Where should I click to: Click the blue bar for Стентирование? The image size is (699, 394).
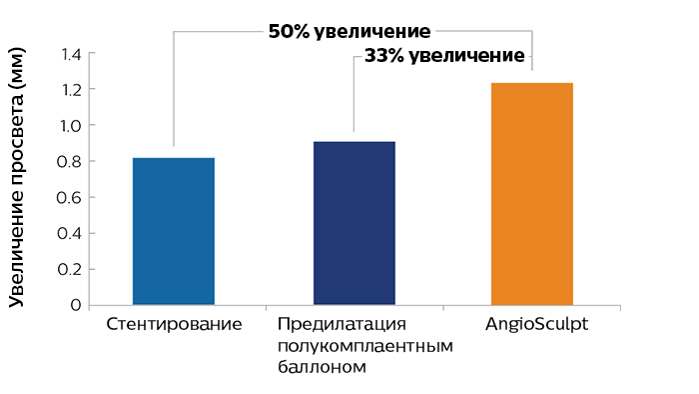click(173, 231)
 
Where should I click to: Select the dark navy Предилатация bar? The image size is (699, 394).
click(354, 223)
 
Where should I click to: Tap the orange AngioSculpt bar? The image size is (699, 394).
click(531, 194)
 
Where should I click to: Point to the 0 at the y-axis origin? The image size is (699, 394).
click(75, 305)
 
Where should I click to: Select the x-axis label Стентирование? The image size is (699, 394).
click(173, 325)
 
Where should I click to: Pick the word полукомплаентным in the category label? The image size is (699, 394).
click(364, 346)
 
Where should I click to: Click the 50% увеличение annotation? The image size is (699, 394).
click(349, 31)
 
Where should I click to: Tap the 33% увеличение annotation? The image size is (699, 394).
click(444, 56)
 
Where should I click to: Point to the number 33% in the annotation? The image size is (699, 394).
click(383, 56)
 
